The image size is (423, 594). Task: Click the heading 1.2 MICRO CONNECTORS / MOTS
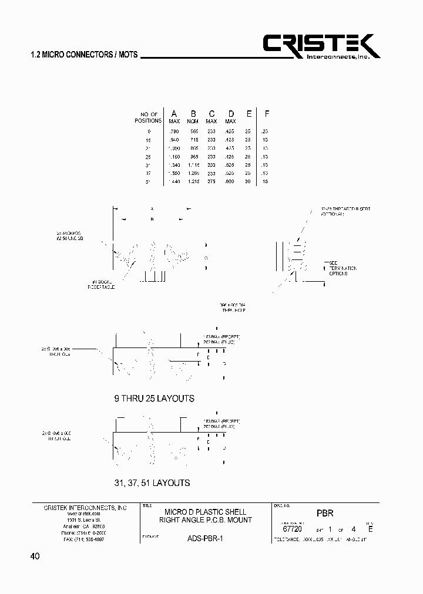click(83, 55)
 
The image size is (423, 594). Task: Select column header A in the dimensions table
click(174, 113)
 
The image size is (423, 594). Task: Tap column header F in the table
click(267, 113)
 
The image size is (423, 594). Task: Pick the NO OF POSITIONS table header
click(147, 117)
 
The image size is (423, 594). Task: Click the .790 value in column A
click(173, 131)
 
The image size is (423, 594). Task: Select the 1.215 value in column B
click(193, 182)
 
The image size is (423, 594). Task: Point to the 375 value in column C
click(211, 182)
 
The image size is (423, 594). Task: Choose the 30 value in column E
click(249, 182)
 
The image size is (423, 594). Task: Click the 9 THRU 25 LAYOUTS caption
click(154, 399)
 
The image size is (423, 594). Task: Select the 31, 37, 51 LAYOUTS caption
click(152, 483)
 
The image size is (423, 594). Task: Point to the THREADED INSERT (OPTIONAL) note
click(345, 211)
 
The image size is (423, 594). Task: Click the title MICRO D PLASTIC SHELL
click(205, 512)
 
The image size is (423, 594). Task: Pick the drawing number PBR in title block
click(325, 512)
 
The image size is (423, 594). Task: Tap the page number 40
click(34, 556)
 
